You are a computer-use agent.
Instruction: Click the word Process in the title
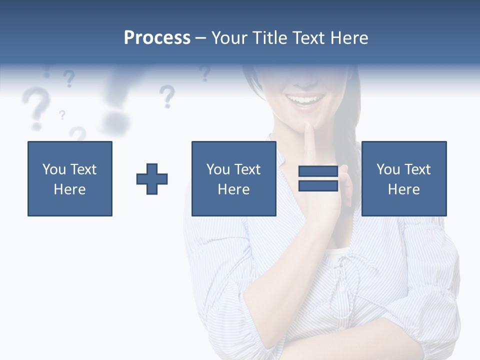pyautogui.click(x=157, y=38)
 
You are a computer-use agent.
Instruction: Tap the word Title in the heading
pyautogui.click(x=268, y=38)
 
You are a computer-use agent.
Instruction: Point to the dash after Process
pyautogui.click(x=200, y=38)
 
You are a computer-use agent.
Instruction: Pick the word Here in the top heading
pyautogui.click(x=349, y=38)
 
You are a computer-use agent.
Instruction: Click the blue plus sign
pyautogui.click(x=152, y=179)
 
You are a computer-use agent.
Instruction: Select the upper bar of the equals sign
pyautogui.click(x=318, y=171)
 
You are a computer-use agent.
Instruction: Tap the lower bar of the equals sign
pyautogui.click(x=318, y=185)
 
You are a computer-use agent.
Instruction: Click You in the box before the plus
pyautogui.click(x=53, y=169)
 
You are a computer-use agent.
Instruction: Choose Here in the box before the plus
pyautogui.click(x=69, y=189)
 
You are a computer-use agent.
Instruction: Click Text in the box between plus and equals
pyautogui.click(x=248, y=169)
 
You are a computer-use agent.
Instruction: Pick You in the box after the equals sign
pyautogui.click(x=388, y=169)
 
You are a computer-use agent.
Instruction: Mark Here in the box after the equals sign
pyautogui.click(x=403, y=189)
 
